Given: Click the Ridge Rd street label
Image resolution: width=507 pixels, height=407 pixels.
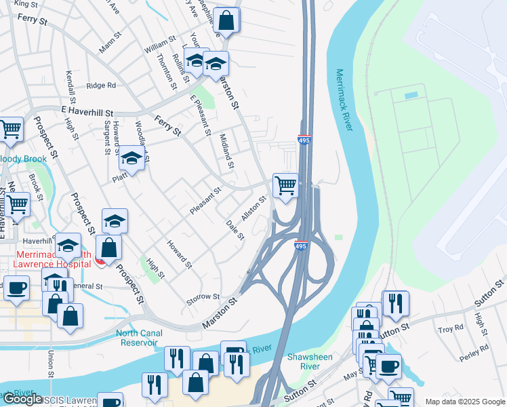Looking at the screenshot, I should [102, 85].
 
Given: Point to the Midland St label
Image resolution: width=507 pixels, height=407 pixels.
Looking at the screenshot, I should [226, 151].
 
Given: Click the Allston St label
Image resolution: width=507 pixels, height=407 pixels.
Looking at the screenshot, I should [254, 206].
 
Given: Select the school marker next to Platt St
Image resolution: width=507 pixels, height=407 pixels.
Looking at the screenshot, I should [131, 159].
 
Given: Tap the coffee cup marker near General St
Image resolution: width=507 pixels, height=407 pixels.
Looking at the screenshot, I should [16, 287].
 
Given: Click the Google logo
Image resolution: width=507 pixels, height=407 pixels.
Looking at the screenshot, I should [22, 399].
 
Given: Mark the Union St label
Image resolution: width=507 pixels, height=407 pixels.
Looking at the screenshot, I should [51, 364].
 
